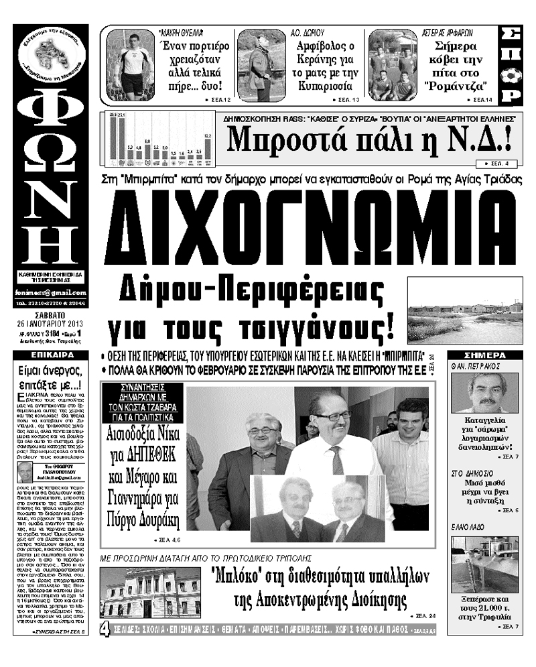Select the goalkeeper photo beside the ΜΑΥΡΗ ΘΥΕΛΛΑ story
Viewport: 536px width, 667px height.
click(130, 66)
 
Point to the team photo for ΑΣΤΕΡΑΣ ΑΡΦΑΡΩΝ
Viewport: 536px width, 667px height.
click(392, 66)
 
